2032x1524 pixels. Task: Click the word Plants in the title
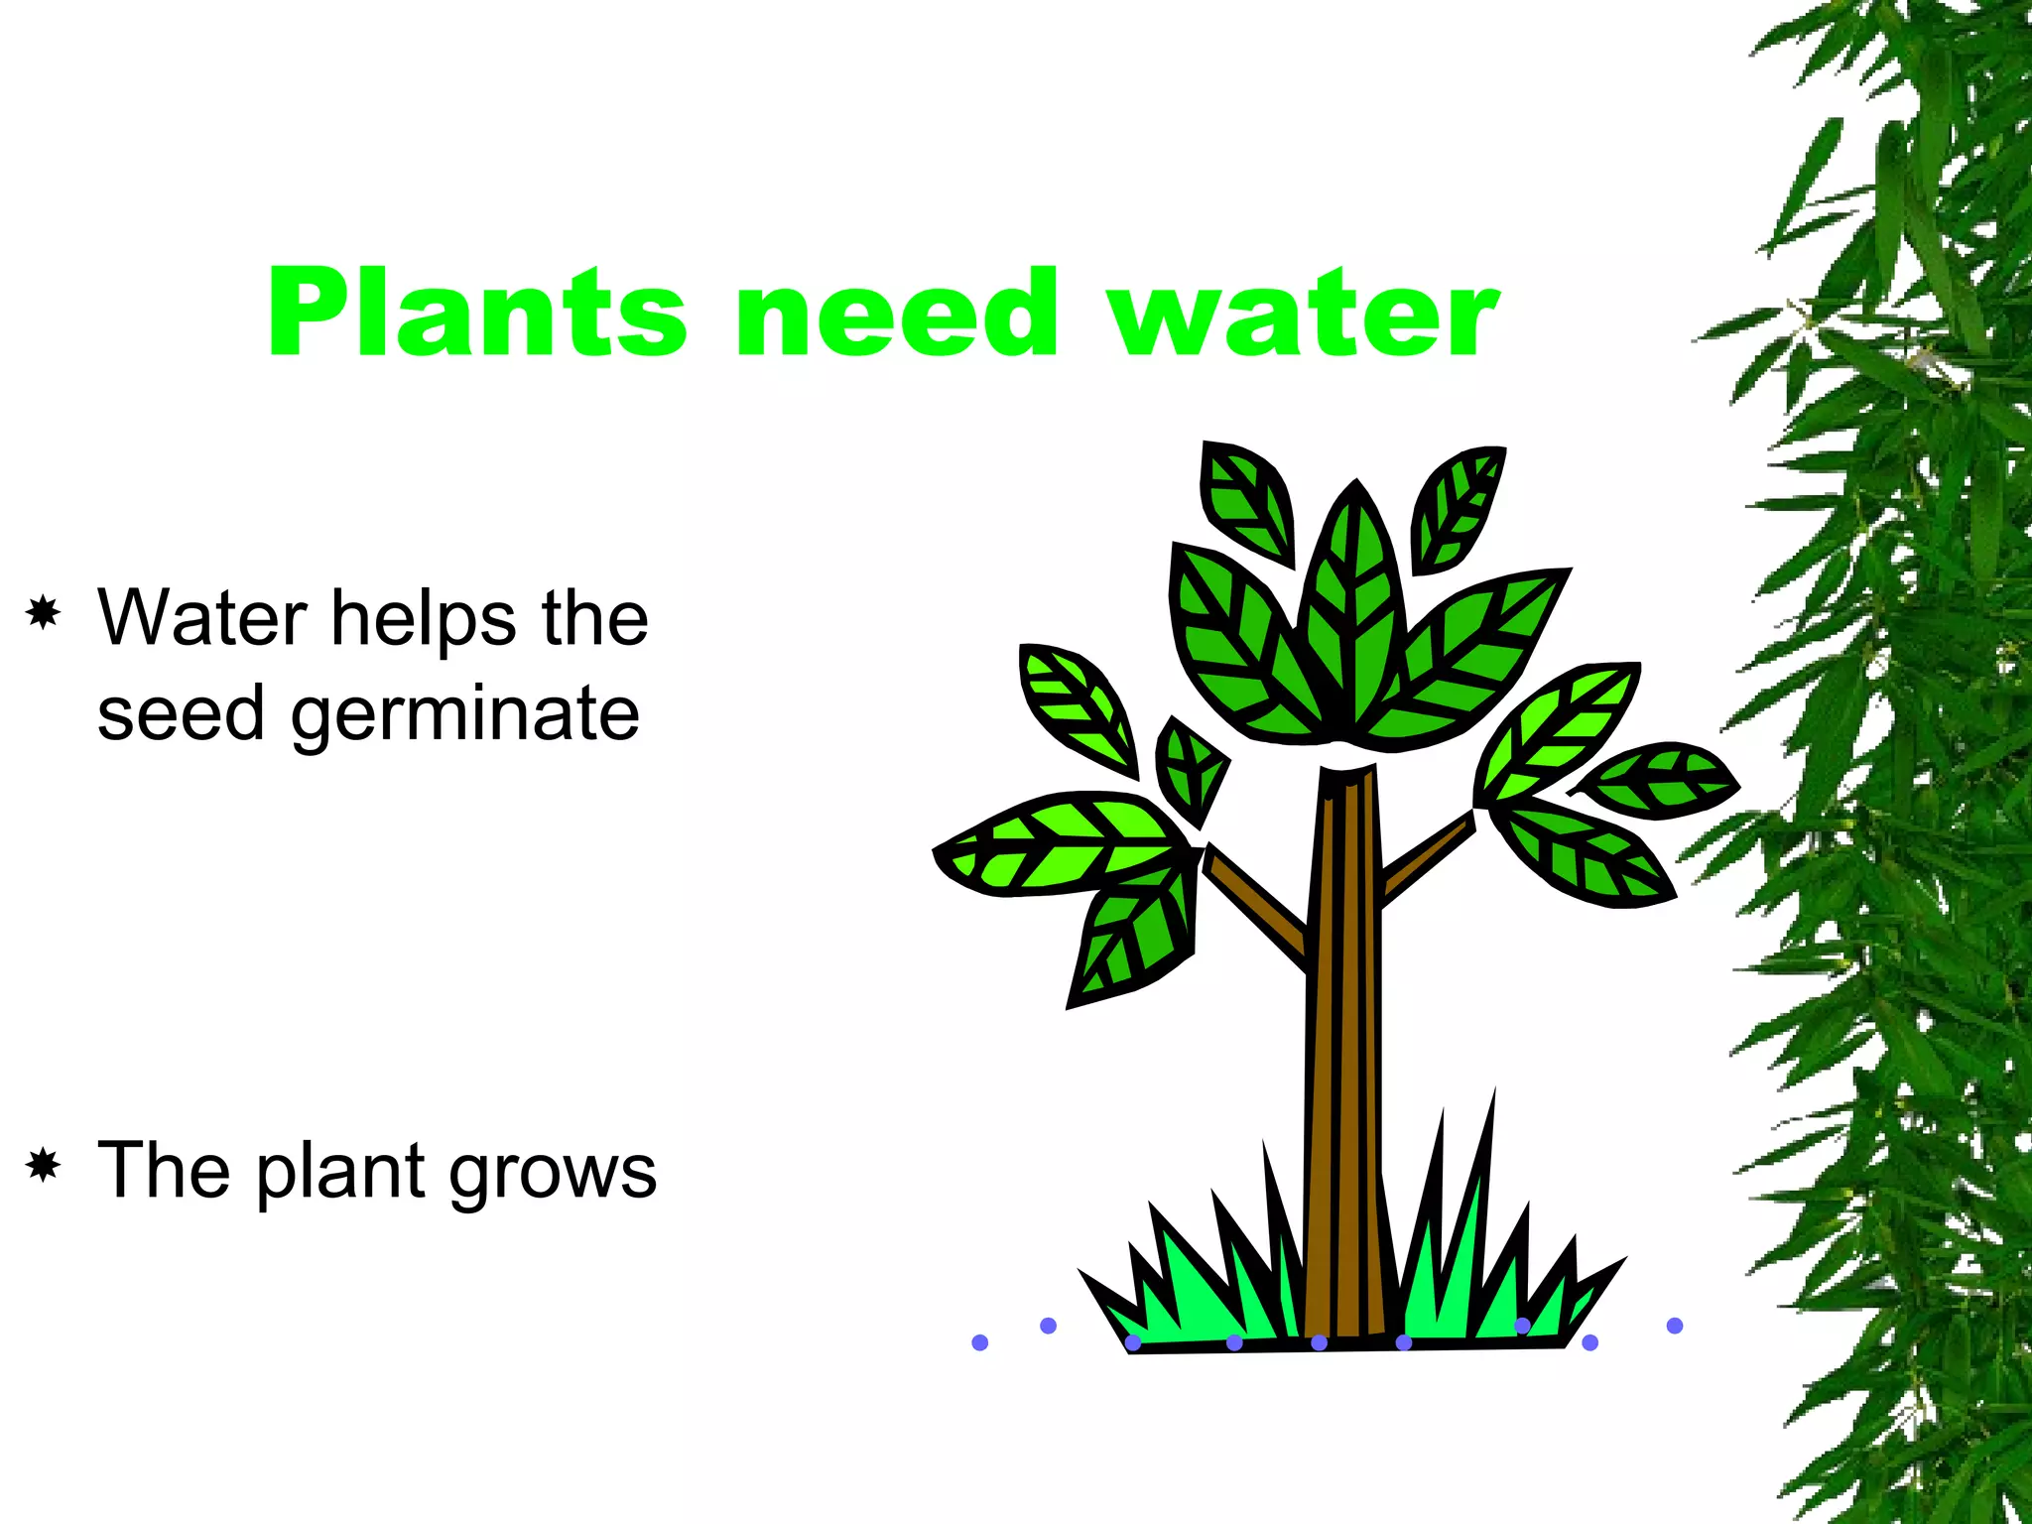tap(476, 313)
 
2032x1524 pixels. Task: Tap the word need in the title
tap(898, 313)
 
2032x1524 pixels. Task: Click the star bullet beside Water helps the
tap(44, 614)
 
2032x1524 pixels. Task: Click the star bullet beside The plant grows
tap(44, 1165)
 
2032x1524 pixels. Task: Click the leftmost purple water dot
tap(980, 1342)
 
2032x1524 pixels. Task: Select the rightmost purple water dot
tap(1675, 1326)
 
